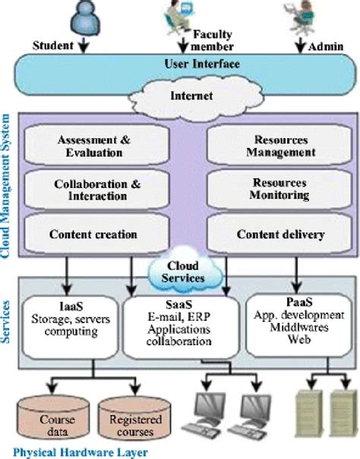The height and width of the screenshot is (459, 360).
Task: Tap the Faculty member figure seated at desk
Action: point(180,15)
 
